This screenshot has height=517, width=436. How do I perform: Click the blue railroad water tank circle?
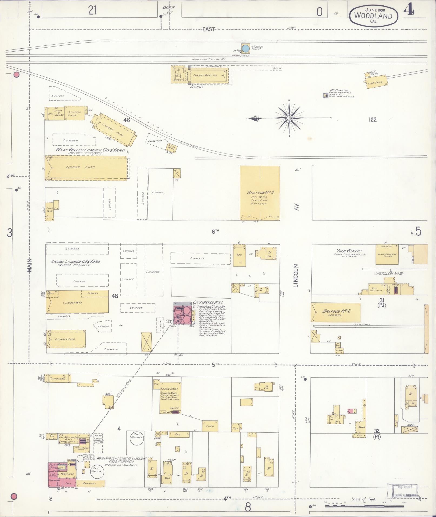245,48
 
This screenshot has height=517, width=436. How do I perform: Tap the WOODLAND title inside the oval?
373,16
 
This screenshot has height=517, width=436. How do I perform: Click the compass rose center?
289,118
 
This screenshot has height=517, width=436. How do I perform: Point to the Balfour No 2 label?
336,311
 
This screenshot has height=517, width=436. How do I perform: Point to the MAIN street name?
29,265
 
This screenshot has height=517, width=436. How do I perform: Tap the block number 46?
127,120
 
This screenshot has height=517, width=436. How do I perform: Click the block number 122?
372,119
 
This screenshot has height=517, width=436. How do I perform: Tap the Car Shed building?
375,83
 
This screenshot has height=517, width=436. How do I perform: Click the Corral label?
158,192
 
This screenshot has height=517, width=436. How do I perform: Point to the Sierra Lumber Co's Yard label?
75,262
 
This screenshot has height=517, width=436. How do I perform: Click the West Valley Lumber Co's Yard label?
90,150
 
